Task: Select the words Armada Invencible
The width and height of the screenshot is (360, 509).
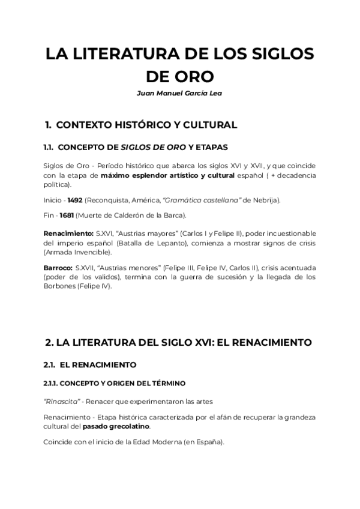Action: click(75, 252)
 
